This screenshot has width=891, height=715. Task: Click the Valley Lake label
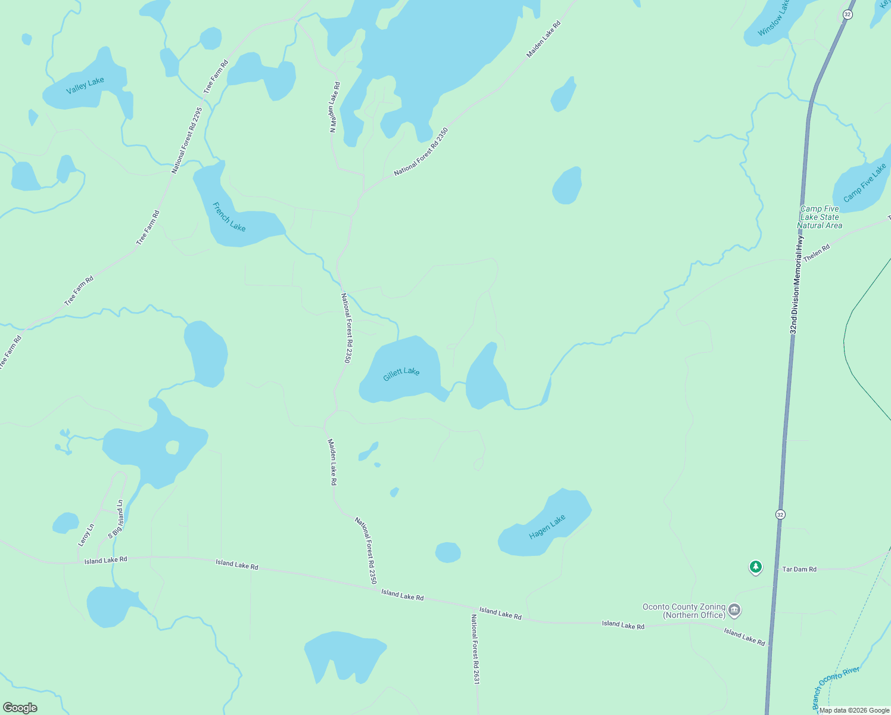pyautogui.click(x=85, y=85)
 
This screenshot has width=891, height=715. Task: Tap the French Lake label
pyautogui.click(x=229, y=217)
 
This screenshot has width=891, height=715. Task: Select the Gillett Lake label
pyautogui.click(x=401, y=374)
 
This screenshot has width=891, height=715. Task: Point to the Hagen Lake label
pyautogui.click(x=547, y=527)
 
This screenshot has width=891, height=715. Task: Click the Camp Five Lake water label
pyautogui.click(x=864, y=183)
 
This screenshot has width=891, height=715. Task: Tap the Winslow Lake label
pyautogui.click(x=774, y=18)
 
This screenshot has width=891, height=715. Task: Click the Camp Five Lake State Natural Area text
pyautogui.click(x=820, y=217)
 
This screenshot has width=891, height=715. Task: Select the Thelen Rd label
pyautogui.click(x=817, y=253)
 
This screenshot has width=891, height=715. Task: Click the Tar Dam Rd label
pyautogui.click(x=799, y=569)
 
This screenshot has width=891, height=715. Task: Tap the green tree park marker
pyautogui.click(x=756, y=567)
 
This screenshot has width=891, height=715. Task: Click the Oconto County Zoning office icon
pyautogui.click(x=734, y=610)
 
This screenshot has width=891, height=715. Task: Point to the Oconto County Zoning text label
pyautogui.click(x=683, y=611)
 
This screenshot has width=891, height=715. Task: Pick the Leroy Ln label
pyautogui.click(x=86, y=535)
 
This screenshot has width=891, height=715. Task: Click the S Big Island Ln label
pyautogui.click(x=116, y=520)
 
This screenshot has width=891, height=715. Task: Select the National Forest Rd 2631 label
pyautogui.click(x=475, y=649)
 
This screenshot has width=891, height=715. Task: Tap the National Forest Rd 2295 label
pyautogui.click(x=187, y=141)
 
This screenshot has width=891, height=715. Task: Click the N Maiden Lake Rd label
pyautogui.click(x=334, y=107)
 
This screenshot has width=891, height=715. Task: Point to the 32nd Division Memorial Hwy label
pyautogui.click(x=797, y=285)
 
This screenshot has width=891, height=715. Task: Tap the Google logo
pyautogui.click(x=20, y=708)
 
